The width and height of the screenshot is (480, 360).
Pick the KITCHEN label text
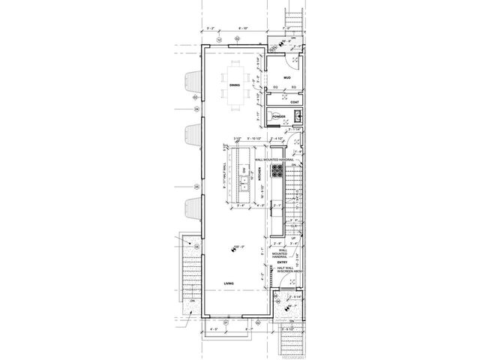[260, 173]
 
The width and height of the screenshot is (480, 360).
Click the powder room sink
[298, 115]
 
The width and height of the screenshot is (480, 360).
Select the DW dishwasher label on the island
[243, 169]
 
